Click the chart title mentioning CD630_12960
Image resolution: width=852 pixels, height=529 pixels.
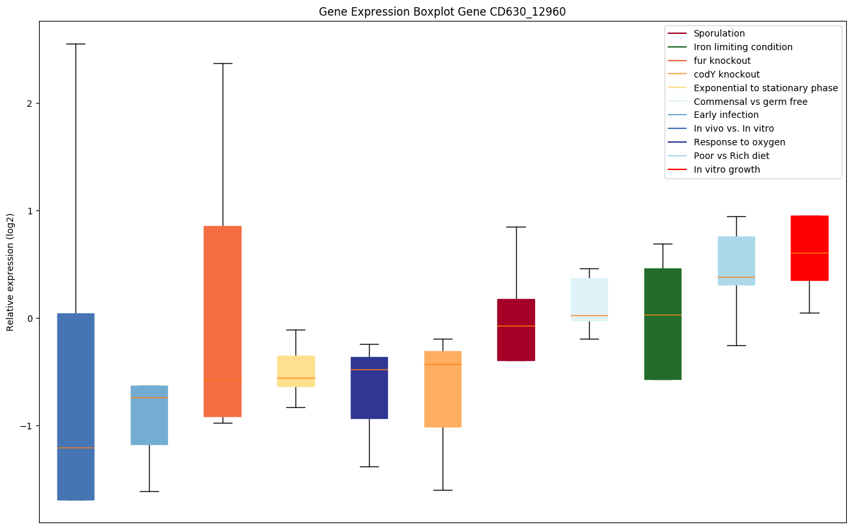(437, 12)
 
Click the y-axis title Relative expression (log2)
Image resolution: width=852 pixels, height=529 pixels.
(10, 272)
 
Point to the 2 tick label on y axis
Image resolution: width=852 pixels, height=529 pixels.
(29, 104)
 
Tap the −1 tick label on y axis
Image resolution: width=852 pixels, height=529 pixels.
(27, 426)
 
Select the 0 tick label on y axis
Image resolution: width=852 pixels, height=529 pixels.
(29, 319)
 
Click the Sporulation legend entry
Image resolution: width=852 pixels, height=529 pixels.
(719, 33)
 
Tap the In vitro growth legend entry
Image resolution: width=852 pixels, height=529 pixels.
(726, 169)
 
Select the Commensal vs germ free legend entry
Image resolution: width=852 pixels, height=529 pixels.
(750, 102)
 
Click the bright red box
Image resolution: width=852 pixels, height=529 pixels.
(809, 248)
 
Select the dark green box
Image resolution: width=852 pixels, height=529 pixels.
(663, 324)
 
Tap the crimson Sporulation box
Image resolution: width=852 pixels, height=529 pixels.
(516, 330)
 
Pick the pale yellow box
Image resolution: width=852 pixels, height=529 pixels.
(296, 371)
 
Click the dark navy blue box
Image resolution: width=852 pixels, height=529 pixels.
(369, 388)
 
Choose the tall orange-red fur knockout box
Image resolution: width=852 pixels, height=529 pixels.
(223, 321)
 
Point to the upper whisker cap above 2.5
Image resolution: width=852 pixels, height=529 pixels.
(76, 44)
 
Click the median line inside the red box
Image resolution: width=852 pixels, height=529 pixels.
(809, 253)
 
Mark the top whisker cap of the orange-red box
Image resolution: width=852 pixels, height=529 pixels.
(223, 63)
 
